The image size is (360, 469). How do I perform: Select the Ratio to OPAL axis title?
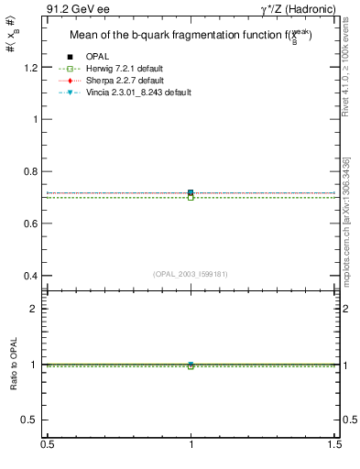tap(15, 365)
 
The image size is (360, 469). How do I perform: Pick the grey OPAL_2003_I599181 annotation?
tap(191, 274)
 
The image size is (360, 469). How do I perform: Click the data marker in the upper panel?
tap(191, 193)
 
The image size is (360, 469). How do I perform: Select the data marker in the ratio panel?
tap(191, 365)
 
